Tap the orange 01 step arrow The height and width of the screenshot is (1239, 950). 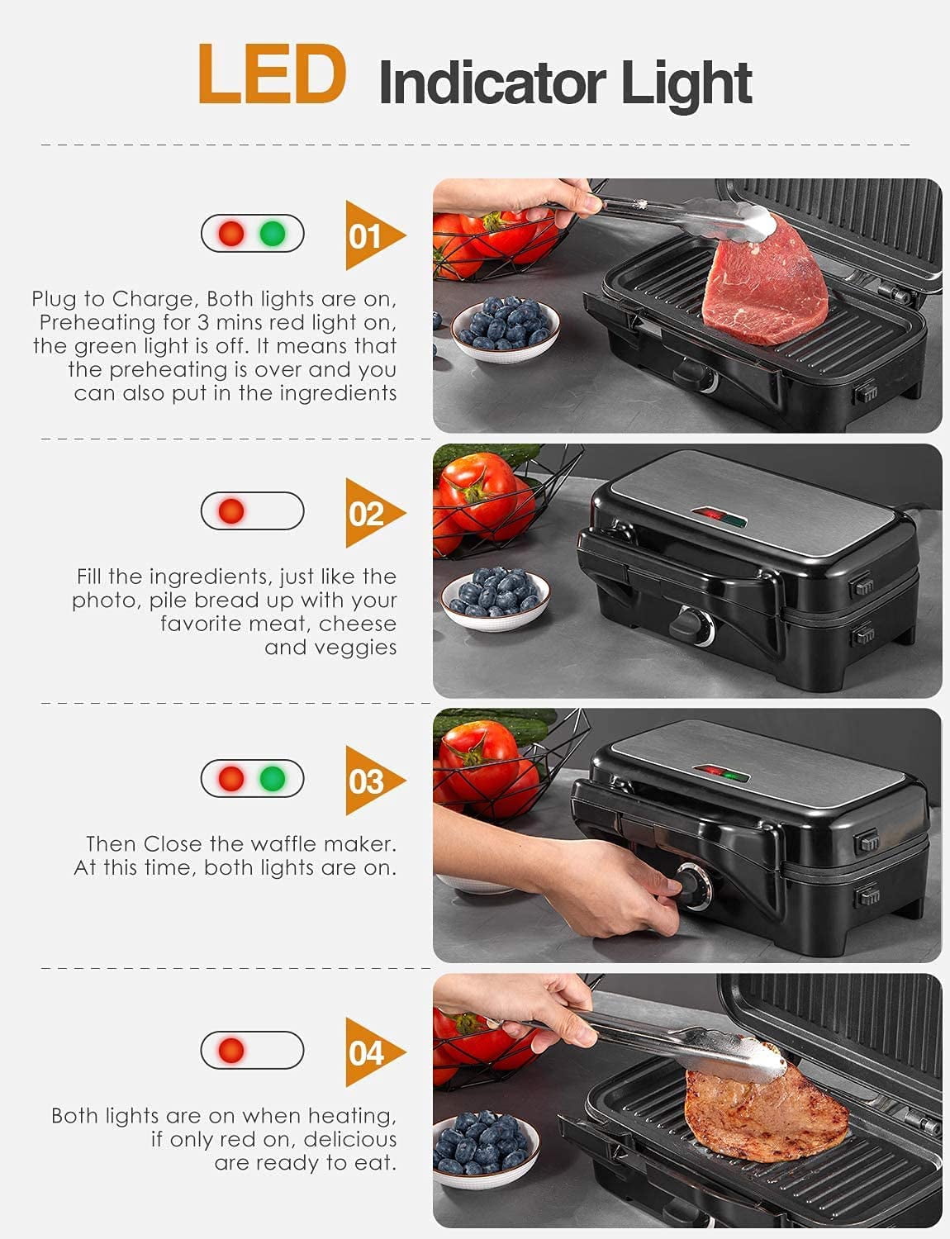pyautogui.click(x=372, y=236)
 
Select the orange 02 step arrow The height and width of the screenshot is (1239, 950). pyautogui.click(x=372, y=513)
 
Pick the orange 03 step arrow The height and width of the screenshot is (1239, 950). pyautogui.click(x=372, y=781)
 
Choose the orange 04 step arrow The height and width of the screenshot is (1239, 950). pyautogui.click(x=372, y=1053)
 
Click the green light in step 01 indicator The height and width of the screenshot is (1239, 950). pyautogui.click(x=273, y=234)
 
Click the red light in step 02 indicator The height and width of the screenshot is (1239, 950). pyautogui.click(x=231, y=510)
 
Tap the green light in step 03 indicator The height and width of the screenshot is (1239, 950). pyautogui.click(x=273, y=778)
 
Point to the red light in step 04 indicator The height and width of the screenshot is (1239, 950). pyautogui.click(x=231, y=1051)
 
